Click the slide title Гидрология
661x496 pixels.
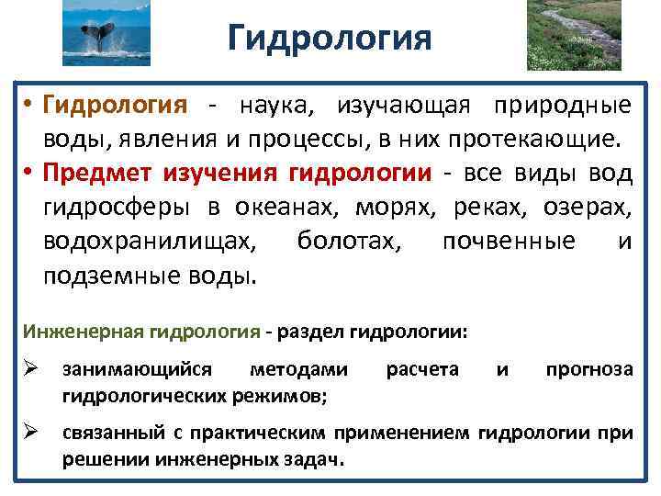point(329,39)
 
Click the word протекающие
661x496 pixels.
point(530,141)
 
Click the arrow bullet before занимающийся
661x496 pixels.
point(30,369)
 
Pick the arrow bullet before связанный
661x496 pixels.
point(30,430)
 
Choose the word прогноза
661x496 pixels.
point(588,369)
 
